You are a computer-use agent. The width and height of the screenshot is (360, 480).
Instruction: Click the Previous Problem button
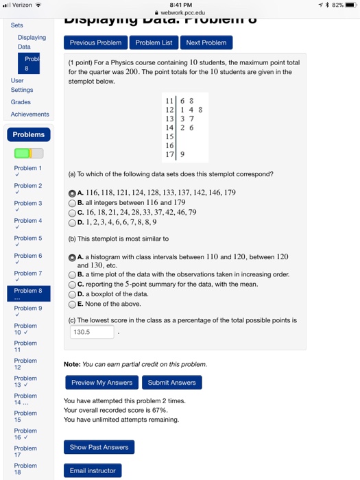tap(95, 43)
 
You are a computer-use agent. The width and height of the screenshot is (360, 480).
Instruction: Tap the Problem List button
tap(154, 43)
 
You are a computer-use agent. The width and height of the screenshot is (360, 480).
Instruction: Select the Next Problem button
tap(206, 43)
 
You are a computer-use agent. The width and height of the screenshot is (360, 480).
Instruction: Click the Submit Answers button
tap(171, 383)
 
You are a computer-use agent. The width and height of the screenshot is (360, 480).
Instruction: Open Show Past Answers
tap(99, 447)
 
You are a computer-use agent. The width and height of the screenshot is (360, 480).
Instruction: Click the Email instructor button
tap(93, 470)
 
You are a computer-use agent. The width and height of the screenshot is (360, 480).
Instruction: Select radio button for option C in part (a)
tap(72, 213)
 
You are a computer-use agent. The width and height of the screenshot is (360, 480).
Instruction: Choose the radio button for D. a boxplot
tap(72, 294)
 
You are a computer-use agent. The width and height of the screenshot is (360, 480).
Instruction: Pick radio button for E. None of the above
tap(72, 304)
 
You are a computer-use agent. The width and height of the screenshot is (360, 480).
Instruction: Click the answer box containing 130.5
tap(93, 332)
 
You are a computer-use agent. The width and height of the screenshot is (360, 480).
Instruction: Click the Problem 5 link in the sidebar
tap(28, 238)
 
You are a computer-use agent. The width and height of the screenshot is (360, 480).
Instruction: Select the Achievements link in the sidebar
tap(29, 115)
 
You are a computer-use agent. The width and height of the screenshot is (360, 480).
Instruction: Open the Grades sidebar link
tap(21, 102)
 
